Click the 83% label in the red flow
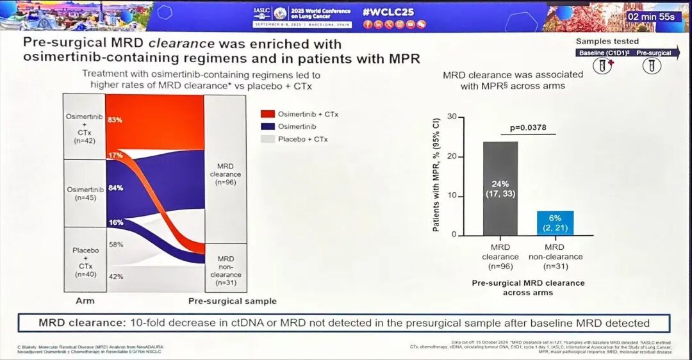pyautogui.click(x=115, y=120)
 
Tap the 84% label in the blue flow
pyautogui.click(x=115, y=188)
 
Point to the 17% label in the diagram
pyautogui.click(x=115, y=156)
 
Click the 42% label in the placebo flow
pyautogui.click(x=115, y=277)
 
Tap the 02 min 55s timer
pyautogui.click(x=650, y=16)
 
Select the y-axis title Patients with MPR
pyautogui.click(x=436, y=174)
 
